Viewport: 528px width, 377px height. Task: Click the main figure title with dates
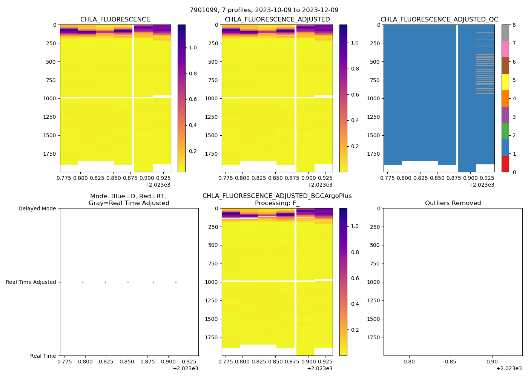point(264,10)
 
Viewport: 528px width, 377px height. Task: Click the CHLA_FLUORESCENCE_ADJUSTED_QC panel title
point(439,20)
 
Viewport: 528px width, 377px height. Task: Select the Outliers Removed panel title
point(453,203)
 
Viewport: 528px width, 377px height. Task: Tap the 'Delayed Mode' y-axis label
point(37,208)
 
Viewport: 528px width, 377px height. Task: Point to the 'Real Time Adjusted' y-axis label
point(31,282)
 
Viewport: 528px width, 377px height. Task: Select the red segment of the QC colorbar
point(505,164)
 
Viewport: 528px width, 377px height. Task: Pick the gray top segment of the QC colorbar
point(505,33)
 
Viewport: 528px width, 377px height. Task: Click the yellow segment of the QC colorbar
point(505,82)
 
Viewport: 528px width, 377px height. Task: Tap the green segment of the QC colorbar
point(505,131)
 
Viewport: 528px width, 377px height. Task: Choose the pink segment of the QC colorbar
point(505,49)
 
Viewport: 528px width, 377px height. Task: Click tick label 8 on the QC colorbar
point(514,25)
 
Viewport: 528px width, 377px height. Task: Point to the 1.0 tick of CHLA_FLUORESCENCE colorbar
point(193,48)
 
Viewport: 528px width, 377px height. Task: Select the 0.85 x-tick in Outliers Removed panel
point(450,362)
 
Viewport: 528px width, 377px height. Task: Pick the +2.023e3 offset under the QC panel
point(481,185)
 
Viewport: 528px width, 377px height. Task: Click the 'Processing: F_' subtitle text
point(277,203)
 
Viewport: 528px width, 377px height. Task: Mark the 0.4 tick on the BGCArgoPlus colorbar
point(355,304)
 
